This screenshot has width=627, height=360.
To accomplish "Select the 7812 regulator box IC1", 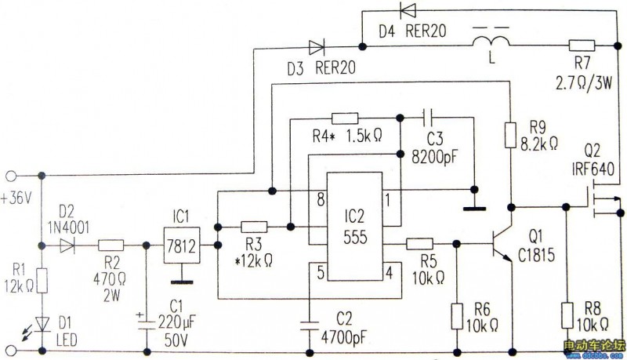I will coord(181,245).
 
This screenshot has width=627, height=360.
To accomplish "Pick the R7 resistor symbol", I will coord(582,45).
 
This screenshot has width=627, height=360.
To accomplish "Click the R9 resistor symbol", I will coord(510,133).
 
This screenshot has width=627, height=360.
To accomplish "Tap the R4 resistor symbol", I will coord(345,118).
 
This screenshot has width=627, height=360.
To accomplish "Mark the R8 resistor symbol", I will coord(566,317).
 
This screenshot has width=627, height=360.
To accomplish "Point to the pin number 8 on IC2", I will coord(319,199).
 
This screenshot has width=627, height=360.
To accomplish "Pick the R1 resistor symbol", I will coord(42,280).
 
